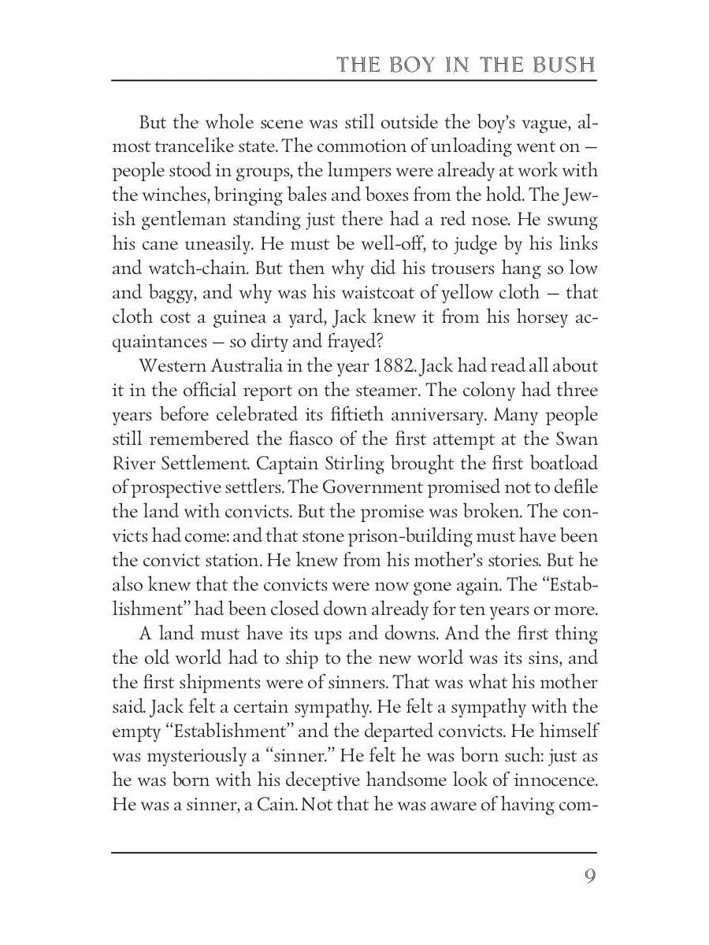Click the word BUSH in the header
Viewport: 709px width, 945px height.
[564, 63]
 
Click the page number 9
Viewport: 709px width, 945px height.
[589, 876]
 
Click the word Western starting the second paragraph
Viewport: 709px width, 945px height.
[174, 366]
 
